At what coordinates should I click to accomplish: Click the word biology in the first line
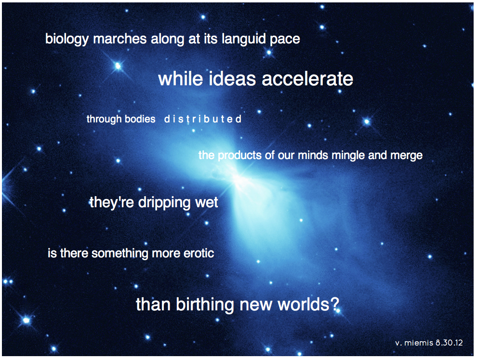(x=67, y=39)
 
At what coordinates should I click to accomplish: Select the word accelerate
(x=307, y=79)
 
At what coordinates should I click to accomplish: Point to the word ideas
(x=232, y=79)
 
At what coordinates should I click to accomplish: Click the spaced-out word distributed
(x=202, y=119)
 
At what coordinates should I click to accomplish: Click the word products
(x=240, y=156)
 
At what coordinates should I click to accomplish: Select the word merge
(x=407, y=156)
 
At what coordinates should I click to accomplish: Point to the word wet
(x=207, y=203)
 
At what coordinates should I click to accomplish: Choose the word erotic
(x=199, y=253)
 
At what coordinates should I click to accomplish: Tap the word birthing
(x=205, y=305)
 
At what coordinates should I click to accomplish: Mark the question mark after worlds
(x=335, y=304)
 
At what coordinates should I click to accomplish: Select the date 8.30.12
(x=449, y=343)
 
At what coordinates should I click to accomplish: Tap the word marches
(x=120, y=39)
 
